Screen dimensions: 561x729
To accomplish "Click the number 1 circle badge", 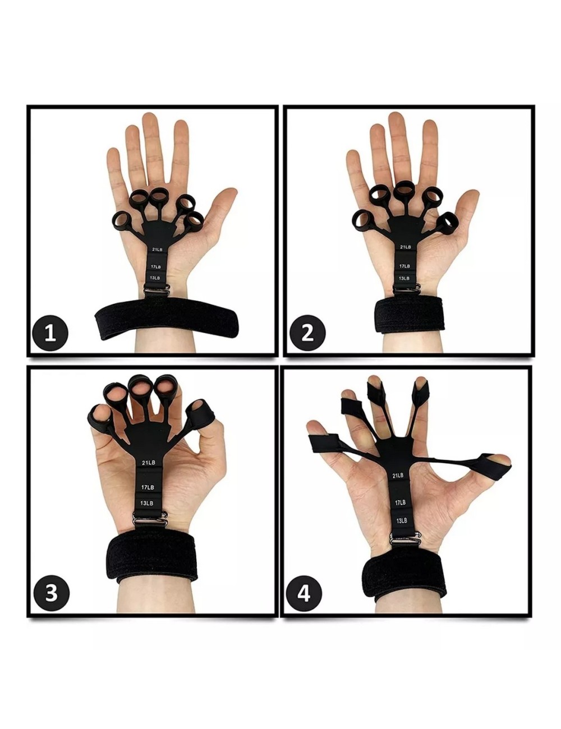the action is click(50, 333).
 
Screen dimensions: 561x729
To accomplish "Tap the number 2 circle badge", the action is click(307, 333).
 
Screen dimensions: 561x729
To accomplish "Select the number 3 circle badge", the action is click(52, 592).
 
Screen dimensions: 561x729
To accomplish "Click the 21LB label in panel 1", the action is click(157, 250).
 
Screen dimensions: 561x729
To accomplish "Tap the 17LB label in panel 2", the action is click(404, 266).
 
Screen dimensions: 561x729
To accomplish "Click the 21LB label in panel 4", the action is click(397, 475).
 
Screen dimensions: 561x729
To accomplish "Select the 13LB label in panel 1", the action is click(155, 278).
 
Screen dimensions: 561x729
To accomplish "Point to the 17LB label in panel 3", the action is click(148, 487).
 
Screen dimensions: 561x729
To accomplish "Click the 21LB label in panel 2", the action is click(405, 247).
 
